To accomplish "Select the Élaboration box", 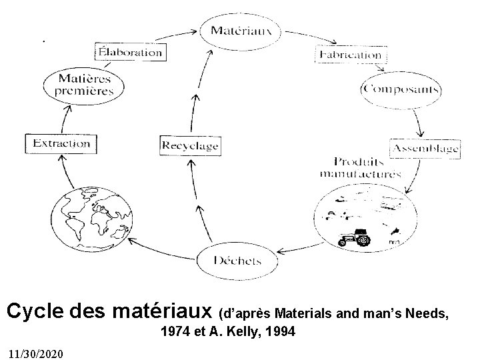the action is coord(129,51).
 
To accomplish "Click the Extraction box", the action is coord(59,143).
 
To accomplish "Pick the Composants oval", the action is coord(401,89).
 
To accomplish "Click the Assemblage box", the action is coord(424,147).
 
